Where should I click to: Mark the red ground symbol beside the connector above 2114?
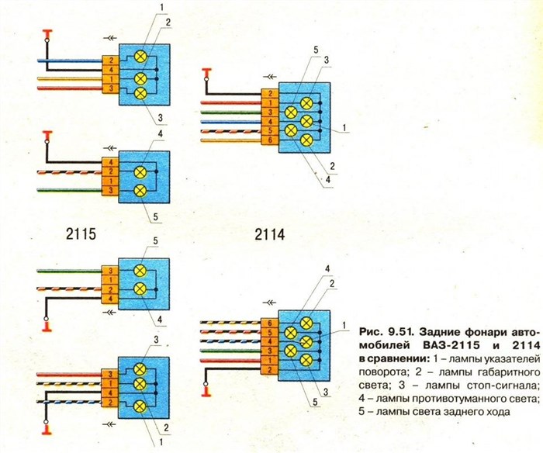pyautogui.click(x=206, y=73)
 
